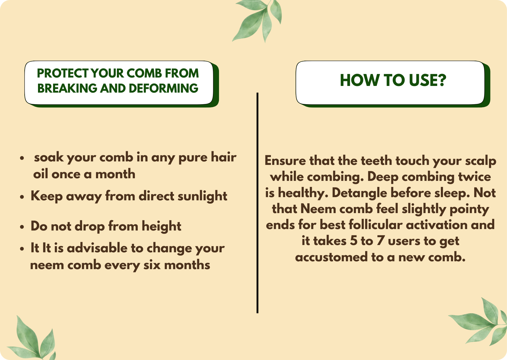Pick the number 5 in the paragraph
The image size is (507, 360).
tap(354, 241)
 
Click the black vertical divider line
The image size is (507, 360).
tap(257, 203)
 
